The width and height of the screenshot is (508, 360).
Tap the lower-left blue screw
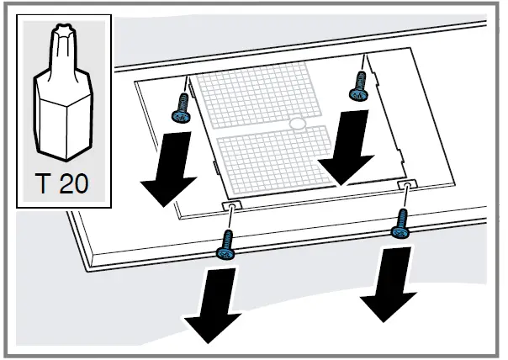tap(225, 247)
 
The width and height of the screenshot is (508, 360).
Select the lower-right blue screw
tap(400, 225)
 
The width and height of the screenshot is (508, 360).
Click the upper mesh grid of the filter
tap(252, 100)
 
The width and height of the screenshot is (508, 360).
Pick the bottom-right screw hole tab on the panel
tap(406, 183)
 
